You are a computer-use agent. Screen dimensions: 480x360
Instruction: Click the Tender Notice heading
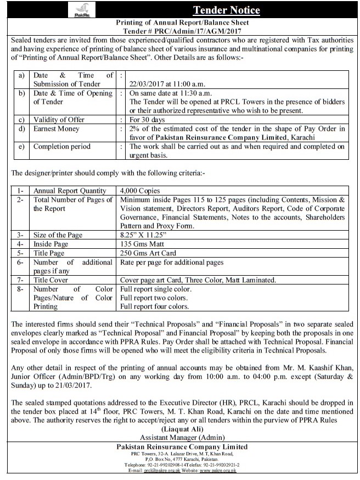(226, 10)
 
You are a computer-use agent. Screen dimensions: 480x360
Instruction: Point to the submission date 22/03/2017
(149, 84)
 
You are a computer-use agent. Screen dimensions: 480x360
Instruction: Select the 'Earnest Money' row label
(56, 129)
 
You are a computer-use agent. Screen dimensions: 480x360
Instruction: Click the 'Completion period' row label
(61, 147)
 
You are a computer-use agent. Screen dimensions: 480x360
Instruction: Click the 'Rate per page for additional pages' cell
(172, 263)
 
